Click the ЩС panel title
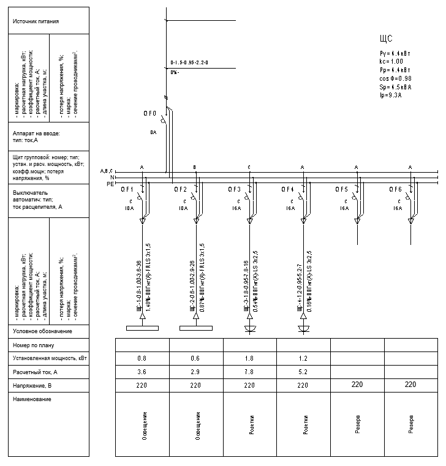[x=386, y=39]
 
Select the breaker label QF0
[x=151, y=114]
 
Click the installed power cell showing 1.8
[x=249, y=358]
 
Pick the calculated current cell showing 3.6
[x=142, y=372]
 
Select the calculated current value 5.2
[x=303, y=372]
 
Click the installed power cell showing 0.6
[x=196, y=358]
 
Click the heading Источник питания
[x=36, y=21]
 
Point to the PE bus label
[x=110, y=184]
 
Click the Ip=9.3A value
[x=391, y=96]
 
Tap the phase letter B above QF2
[x=195, y=167]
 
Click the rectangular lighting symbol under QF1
[x=142, y=328]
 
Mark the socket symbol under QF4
[x=303, y=330]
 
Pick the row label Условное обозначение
[x=42, y=331]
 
